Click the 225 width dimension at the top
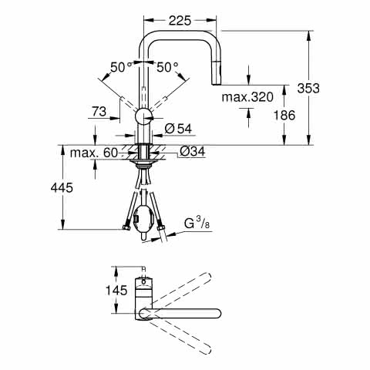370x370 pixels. click(x=180, y=21)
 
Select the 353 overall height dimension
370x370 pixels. click(x=308, y=88)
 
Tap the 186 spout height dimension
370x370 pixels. click(x=284, y=115)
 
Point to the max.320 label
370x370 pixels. click(x=247, y=97)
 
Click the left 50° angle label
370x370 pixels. click(x=121, y=67)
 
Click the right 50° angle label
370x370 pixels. click(x=167, y=67)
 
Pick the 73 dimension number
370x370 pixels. click(x=99, y=112)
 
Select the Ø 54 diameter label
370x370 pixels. click(x=178, y=129)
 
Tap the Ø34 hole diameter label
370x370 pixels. click(x=193, y=152)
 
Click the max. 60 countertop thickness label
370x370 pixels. click(x=94, y=153)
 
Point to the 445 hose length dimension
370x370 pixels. click(x=62, y=187)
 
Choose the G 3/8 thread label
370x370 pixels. click(x=197, y=223)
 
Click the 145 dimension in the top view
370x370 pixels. click(x=116, y=291)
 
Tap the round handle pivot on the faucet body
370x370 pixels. click(x=143, y=117)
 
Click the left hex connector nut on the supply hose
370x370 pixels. click(x=126, y=227)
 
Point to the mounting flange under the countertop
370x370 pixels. click(x=143, y=162)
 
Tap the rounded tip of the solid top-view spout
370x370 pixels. click(x=218, y=314)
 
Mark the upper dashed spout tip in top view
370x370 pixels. click(x=207, y=275)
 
